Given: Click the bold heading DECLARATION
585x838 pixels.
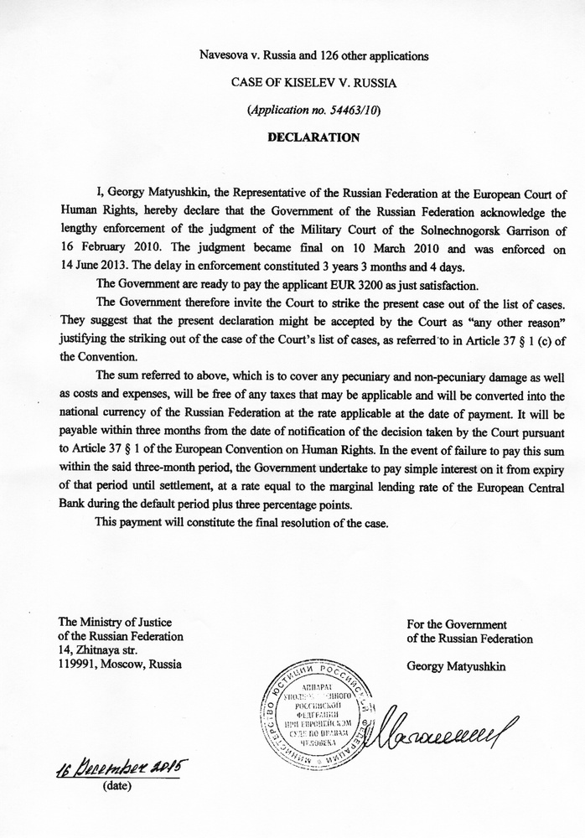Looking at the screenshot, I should [x=313, y=137].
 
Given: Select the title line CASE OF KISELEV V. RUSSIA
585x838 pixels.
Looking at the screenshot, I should [x=313, y=83].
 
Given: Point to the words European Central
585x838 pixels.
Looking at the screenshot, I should [x=500, y=487].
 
